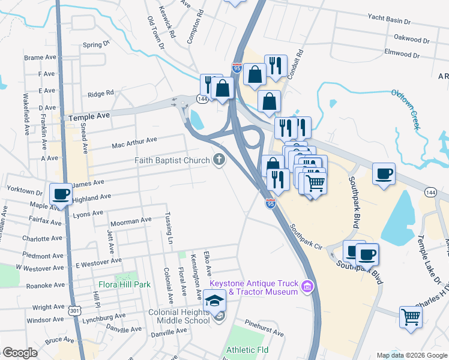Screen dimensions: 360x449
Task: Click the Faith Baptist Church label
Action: [172, 160]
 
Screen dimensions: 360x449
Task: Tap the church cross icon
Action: [220, 160]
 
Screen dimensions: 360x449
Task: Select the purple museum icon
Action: [309, 286]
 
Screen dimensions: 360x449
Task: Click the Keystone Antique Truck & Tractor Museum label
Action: [253, 287]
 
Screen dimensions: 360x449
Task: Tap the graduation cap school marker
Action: [215, 300]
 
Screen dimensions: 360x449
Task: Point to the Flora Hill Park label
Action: [125, 284]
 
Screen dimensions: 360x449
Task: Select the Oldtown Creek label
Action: [405, 101]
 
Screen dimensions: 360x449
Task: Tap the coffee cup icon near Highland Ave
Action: [61, 194]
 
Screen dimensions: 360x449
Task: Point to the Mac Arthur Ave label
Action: [134, 142]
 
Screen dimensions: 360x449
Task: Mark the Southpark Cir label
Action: [306, 238]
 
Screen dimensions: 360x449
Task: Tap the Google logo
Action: [20, 353]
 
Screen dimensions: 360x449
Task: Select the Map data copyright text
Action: [412, 355]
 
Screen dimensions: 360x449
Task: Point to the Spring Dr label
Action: [97, 44]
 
